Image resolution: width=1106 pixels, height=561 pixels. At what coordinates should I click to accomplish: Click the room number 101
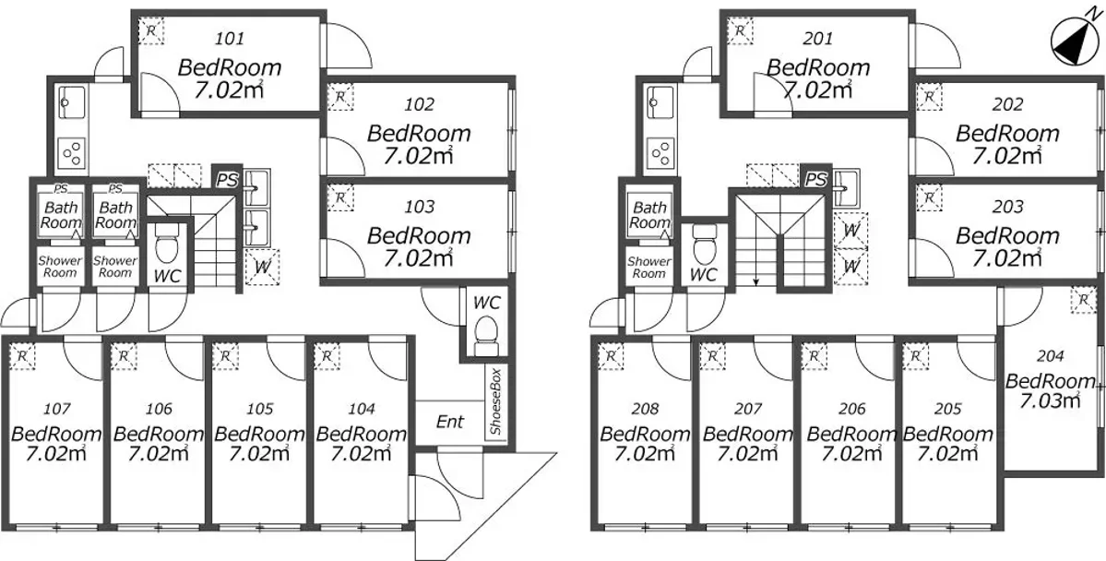click(x=231, y=39)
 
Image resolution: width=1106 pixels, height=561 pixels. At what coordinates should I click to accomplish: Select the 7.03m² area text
click(x=1051, y=400)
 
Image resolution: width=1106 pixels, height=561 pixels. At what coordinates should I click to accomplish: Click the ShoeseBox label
click(x=496, y=400)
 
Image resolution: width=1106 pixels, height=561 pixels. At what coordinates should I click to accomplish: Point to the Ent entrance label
click(x=450, y=422)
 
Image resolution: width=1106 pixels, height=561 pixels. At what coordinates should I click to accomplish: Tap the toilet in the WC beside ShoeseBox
click(x=484, y=335)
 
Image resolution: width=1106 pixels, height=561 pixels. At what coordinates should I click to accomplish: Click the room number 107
click(x=57, y=409)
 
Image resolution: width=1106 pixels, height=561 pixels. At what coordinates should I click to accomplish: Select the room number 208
click(x=646, y=409)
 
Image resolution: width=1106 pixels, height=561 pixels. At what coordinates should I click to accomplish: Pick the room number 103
click(x=420, y=208)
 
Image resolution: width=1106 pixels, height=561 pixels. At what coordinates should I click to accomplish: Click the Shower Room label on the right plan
click(x=648, y=268)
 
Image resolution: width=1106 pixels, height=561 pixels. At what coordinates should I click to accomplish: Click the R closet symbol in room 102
click(x=340, y=96)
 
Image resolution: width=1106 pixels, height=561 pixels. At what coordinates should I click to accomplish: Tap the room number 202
click(x=1008, y=105)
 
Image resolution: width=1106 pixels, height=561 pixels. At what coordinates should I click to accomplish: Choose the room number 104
click(x=362, y=409)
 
